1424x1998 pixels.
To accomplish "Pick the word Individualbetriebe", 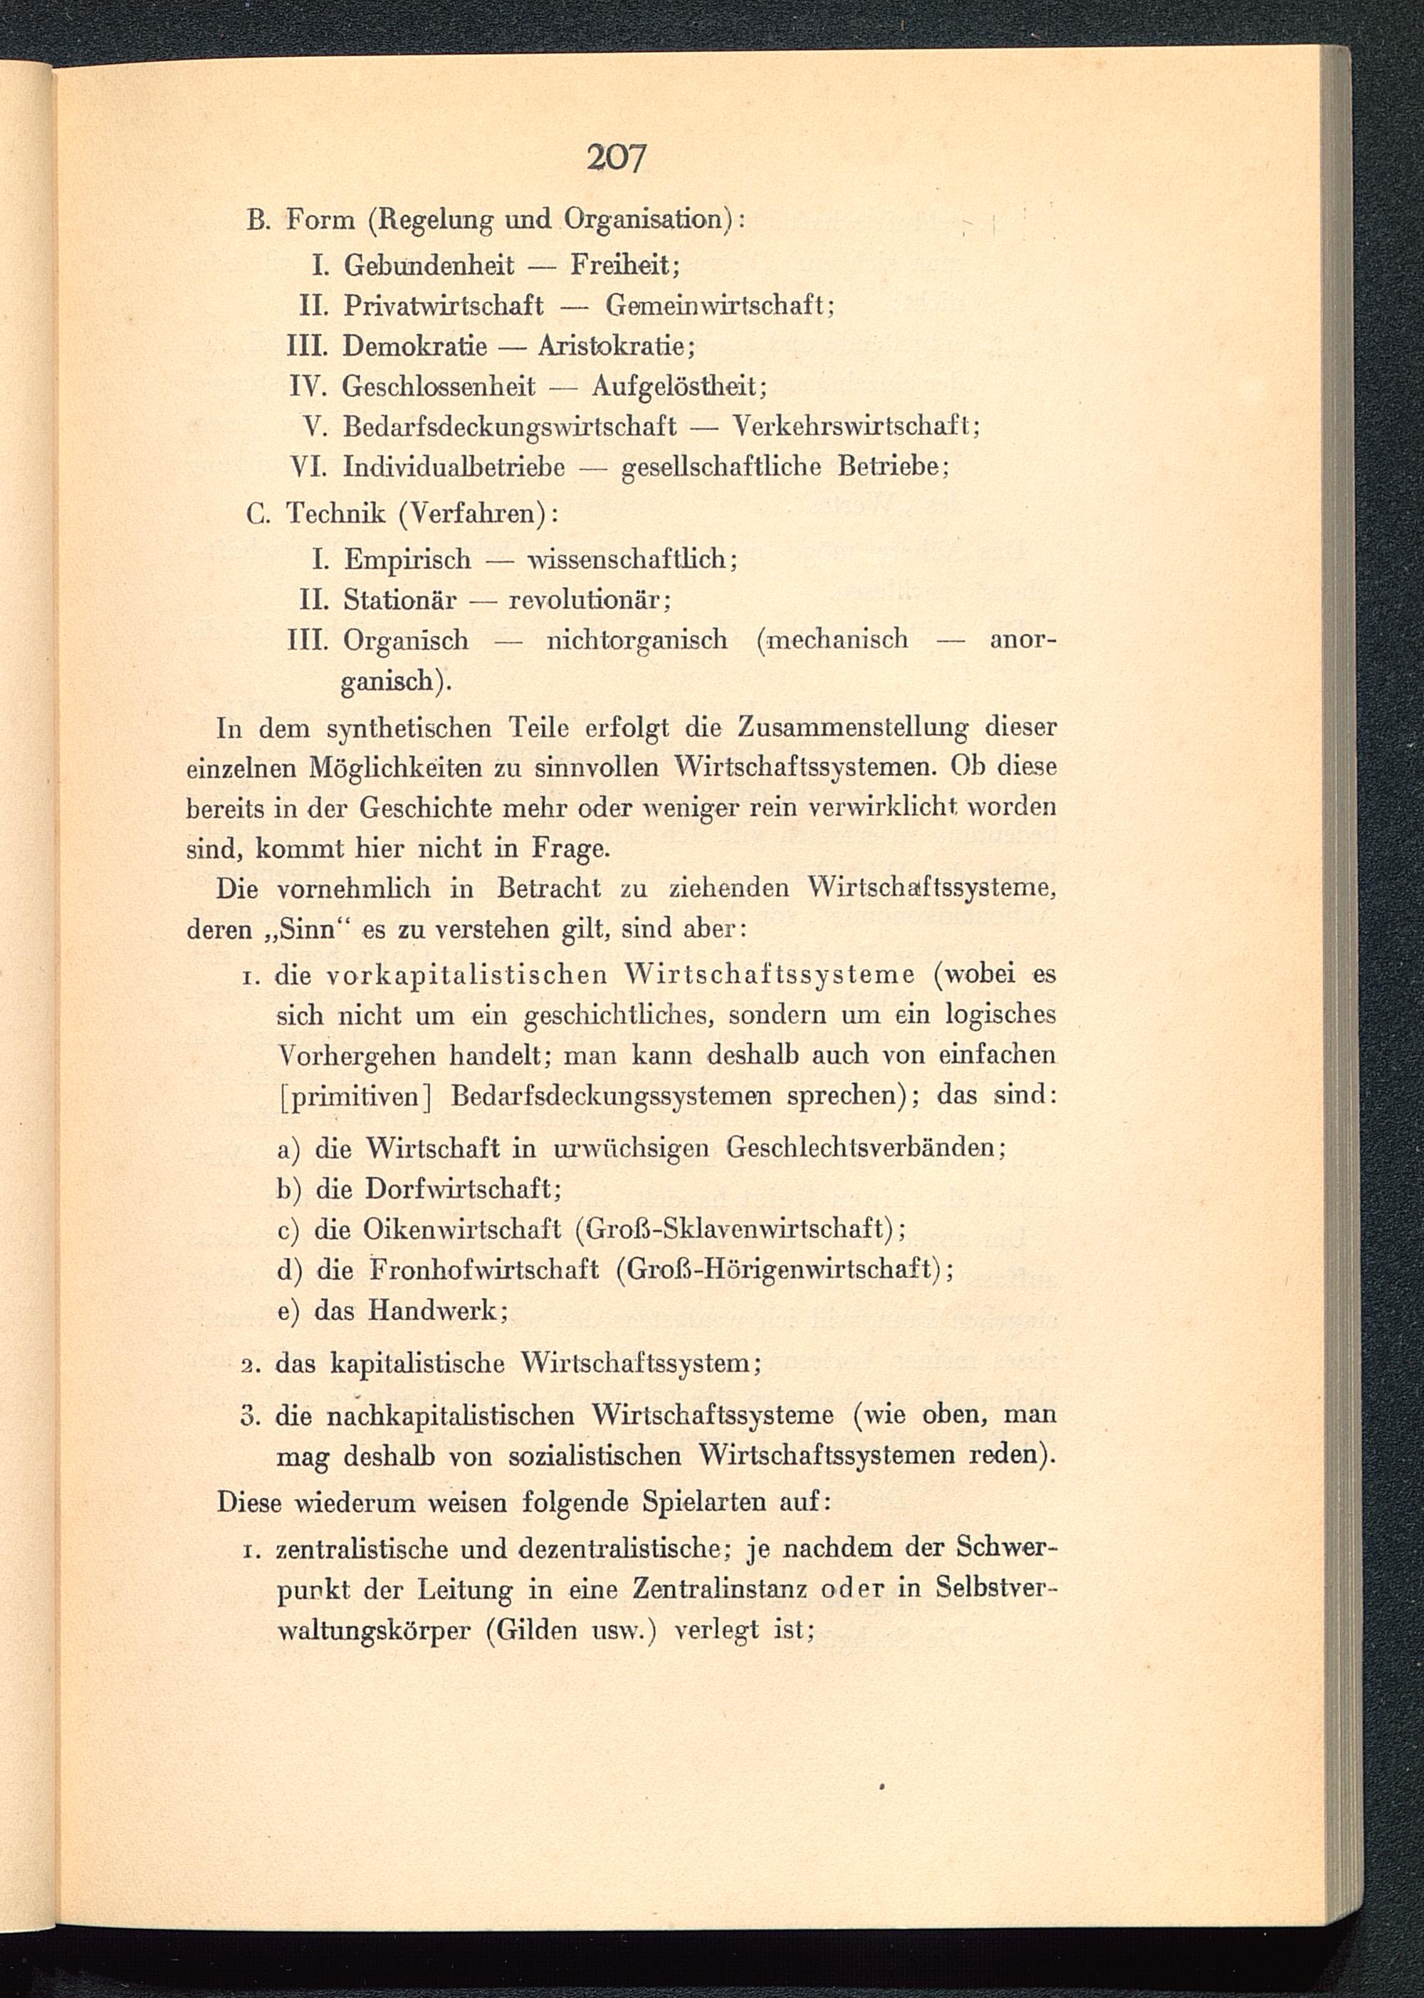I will click(x=454, y=466).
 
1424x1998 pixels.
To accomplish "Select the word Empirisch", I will click(x=407, y=558).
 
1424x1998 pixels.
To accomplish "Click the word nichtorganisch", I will click(x=637, y=640).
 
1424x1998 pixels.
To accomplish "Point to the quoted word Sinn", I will click(x=307, y=929).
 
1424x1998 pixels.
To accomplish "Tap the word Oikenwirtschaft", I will click(x=461, y=1229).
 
